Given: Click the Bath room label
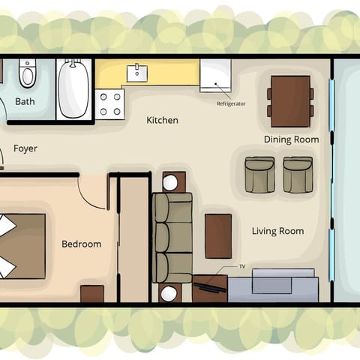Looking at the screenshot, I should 25,101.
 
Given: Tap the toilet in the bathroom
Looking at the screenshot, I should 27,73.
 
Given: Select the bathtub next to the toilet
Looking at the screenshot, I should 73,89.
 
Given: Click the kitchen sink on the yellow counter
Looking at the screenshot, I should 139,73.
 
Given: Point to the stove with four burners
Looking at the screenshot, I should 110,103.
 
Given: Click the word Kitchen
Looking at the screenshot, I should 162,120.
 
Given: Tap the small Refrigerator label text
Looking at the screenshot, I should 231,103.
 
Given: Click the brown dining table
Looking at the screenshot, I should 290,100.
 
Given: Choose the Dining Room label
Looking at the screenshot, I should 291,139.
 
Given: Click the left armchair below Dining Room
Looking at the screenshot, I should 259,174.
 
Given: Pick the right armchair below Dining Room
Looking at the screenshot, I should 298,174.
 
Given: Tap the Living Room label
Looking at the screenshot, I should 277,231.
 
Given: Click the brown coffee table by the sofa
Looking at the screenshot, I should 218,235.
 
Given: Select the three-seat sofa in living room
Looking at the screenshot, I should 172,238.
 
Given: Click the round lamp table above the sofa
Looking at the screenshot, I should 170,182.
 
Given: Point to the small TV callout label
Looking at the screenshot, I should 242,266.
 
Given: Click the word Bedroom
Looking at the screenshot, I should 81,244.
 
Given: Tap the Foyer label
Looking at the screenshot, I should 25,148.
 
